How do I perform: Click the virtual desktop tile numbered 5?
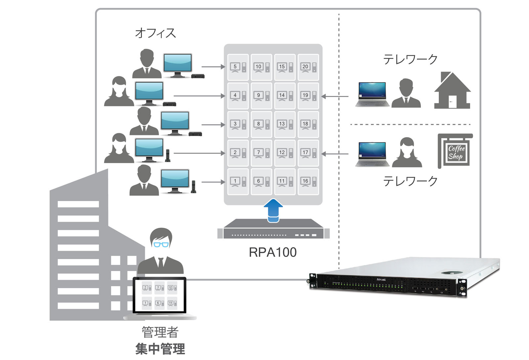pos(238,67)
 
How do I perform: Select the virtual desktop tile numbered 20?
pos(308,67)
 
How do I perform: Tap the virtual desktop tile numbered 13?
pos(285,124)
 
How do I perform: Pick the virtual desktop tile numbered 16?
pos(308,181)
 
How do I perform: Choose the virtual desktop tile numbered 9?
pos(261,96)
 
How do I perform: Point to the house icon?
pos(452,91)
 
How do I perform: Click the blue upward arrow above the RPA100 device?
pos(273,210)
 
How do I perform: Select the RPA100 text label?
pos(272,252)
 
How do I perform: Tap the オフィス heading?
pos(155,33)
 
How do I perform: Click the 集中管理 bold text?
pos(160,349)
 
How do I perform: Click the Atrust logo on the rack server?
pos(381,280)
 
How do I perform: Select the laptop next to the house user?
pos(372,94)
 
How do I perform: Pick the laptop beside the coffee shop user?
pos(372,154)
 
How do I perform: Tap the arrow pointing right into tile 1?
pos(213,182)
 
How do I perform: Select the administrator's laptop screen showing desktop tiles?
pos(159,295)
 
